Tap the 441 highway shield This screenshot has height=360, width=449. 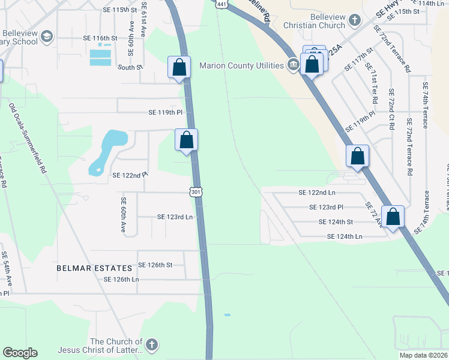coord(221,4)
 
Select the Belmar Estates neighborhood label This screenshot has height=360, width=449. coord(94,268)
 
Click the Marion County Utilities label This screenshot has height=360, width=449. coord(242,65)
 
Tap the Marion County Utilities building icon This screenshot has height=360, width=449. coord(294,64)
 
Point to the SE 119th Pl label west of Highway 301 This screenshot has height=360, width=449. coord(165,112)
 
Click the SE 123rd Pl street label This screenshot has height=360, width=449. coord(326,207)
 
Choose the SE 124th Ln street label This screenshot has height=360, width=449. coord(345,236)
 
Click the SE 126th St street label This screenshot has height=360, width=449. coord(155,265)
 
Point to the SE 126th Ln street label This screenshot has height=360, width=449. coord(121,280)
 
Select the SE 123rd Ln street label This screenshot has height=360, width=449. coord(175,217)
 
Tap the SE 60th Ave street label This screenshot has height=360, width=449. coord(123,215)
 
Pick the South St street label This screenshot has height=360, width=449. coord(130,68)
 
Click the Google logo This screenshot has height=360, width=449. coord(20,353)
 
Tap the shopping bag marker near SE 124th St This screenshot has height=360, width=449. coord(393,217)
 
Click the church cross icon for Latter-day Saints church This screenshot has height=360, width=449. coord(152,345)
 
